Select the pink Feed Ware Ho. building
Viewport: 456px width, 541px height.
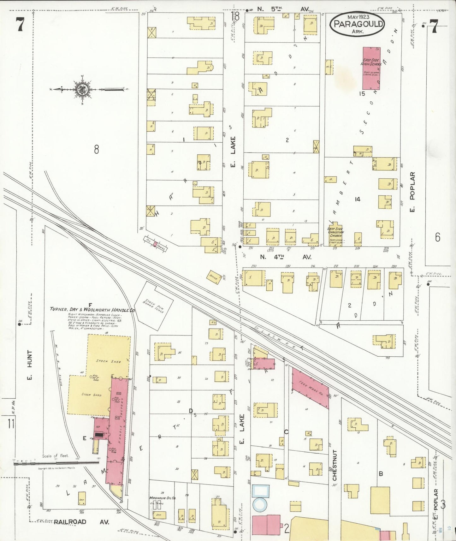pos(311,388)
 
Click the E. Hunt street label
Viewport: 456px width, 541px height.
pos(30,365)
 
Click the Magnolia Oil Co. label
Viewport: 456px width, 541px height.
pos(163,498)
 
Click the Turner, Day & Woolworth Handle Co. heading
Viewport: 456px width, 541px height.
pos(92,310)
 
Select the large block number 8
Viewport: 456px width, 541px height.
pos(97,149)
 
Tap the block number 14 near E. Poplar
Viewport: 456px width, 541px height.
pos(357,199)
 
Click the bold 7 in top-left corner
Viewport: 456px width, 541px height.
pos(20,25)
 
